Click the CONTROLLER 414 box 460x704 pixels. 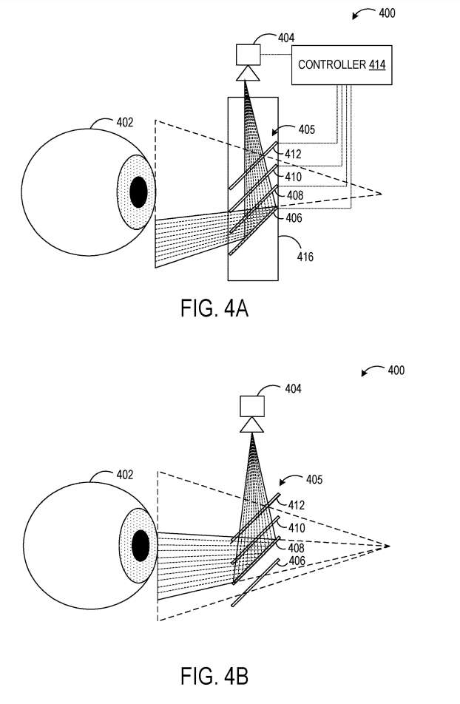click(x=341, y=64)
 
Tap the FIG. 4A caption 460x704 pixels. click(x=214, y=308)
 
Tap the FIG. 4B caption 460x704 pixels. click(x=214, y=677)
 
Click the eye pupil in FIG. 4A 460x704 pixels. click(x=138, y=192)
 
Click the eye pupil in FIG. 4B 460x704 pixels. click(x=139, y=547)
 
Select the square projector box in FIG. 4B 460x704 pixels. click(x=252, y=406)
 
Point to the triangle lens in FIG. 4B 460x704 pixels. click(x=252, y=424)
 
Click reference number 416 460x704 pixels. click(x=305, y=257)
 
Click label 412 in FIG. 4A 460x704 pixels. click(x=294, y=155)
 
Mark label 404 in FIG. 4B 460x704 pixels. click(x=293, y=387)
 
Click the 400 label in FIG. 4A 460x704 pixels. click(x=386, y=13)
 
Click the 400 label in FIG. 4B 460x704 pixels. click(x=396, y=370)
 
